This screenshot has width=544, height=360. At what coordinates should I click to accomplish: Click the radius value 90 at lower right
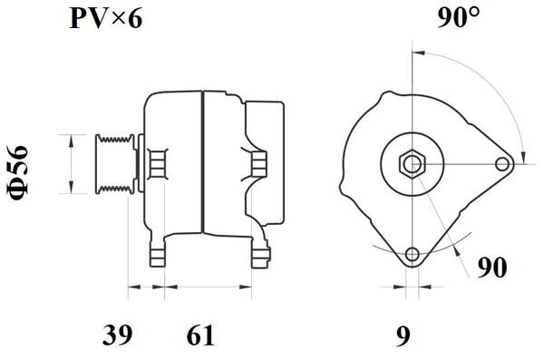coord(491,268)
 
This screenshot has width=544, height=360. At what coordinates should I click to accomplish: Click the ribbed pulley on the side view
coord(114,163)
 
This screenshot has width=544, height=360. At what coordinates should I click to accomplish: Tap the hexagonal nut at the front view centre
coord(413,164)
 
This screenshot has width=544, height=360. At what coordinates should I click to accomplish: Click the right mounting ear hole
coord(504,164)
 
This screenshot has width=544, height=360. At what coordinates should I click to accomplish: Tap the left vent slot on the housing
coord(157,163)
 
